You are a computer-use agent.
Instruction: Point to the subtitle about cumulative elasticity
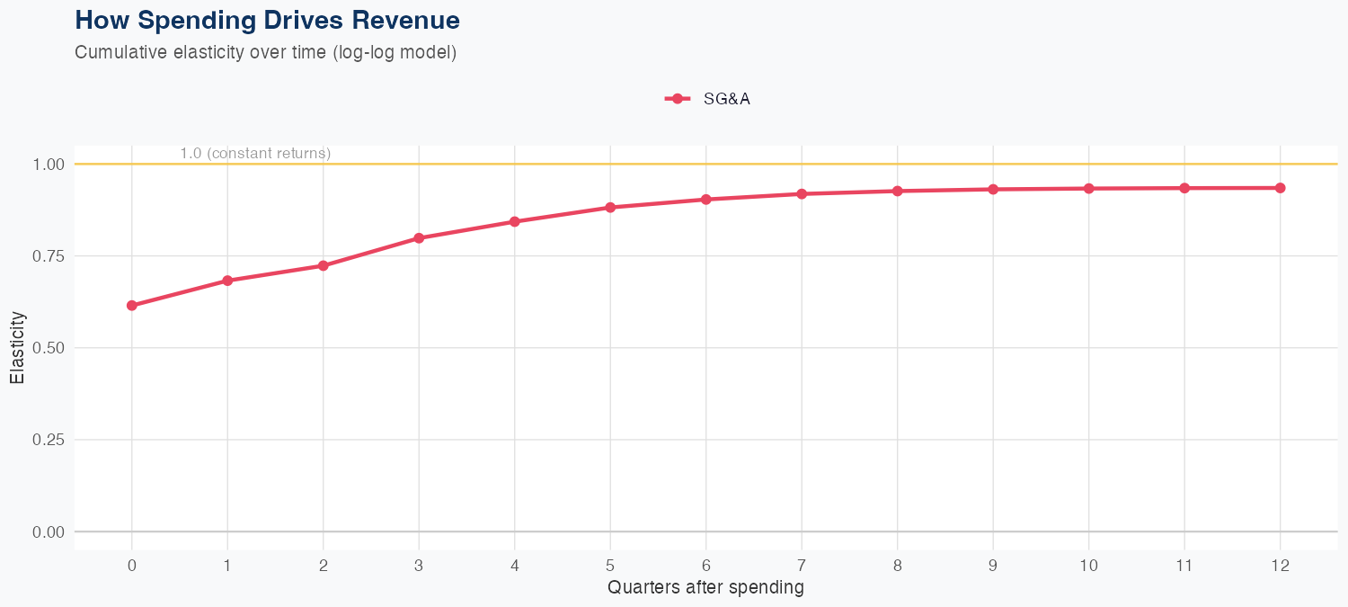click(266, 52)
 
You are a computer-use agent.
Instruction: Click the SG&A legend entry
click(708, 99)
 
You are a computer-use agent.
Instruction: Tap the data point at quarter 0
click(132, 306)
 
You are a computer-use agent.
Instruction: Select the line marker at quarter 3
click(419, 238)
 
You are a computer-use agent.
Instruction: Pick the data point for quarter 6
click(706, 200)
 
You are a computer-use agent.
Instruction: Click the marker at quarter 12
click(1281, 188)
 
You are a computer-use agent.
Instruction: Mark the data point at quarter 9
click(993, 190)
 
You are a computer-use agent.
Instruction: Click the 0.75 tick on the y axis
click(49, 256)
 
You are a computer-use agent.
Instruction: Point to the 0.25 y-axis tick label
click(49, 440)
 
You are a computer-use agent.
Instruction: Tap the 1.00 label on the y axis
click(49, 165)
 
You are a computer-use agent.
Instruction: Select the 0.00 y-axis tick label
click(49, 532)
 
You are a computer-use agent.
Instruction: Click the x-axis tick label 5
click(610, 566)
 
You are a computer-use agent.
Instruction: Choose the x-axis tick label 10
click(1089, 566)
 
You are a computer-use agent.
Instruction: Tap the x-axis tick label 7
click(802, 566)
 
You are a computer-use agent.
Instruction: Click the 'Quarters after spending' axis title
click(705, 588)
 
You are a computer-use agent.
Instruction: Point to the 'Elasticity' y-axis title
click(17, 347)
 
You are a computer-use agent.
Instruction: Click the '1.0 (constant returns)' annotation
click(255, 154)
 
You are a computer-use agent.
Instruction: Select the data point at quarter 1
click(227, 281)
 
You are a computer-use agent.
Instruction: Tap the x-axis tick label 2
click(324, 566)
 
